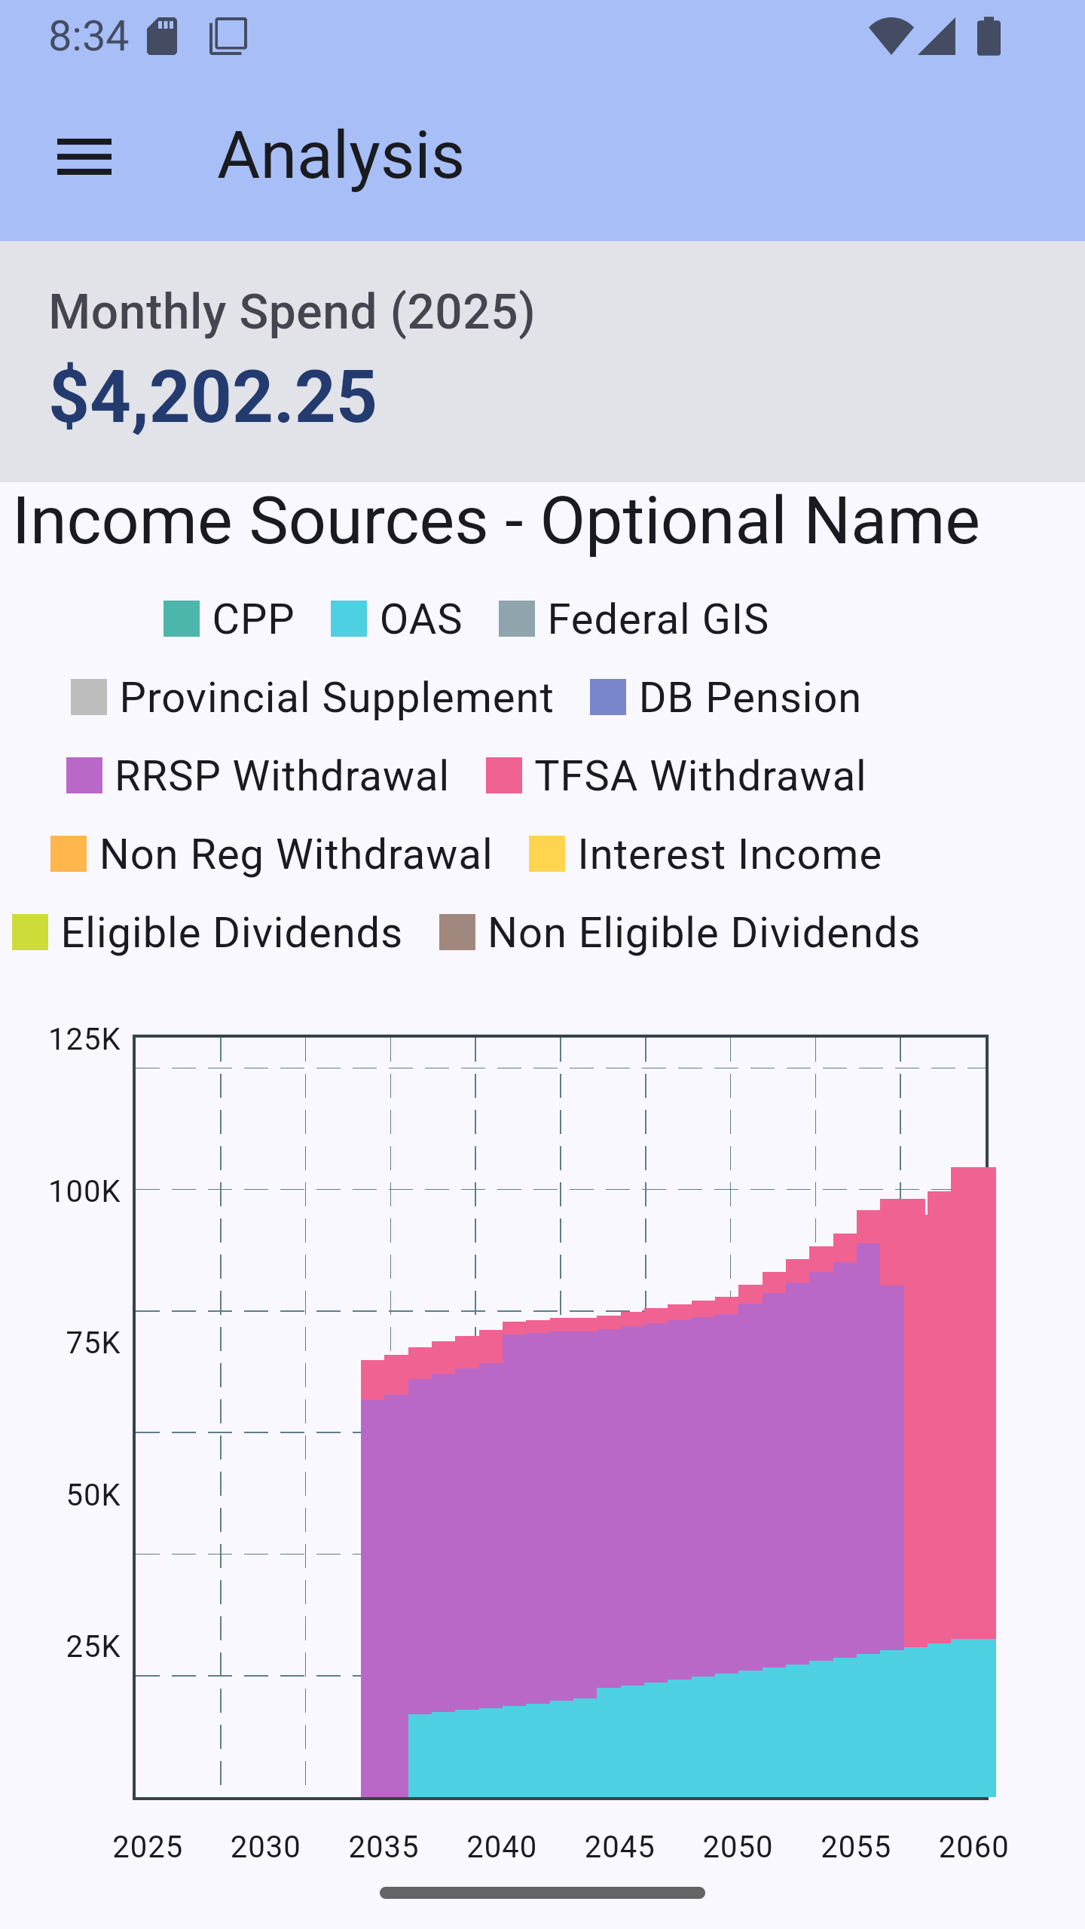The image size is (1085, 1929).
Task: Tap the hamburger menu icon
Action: coord(84,157)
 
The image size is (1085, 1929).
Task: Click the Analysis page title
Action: coord(341,156)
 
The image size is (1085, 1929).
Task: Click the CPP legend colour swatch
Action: coord(182,619)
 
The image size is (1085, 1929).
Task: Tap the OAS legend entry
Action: coord(397,619)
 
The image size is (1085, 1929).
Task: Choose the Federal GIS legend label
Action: coord(658,619)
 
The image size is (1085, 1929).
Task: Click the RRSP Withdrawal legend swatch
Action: coord(84,776)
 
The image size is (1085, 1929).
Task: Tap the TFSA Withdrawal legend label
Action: coord(700,776)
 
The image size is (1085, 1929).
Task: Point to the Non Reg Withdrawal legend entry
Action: coord(271,854)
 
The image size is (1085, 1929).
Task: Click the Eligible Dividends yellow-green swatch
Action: coord(30,933)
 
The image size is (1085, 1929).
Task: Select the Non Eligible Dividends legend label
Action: coord(704,933)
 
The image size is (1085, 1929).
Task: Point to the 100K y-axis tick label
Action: coord(84,1192)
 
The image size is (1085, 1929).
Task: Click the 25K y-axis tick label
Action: coord(93,1647)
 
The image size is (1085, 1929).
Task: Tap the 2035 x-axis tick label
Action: coord(384,1847)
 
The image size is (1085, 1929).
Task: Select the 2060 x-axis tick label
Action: coord(973,1847)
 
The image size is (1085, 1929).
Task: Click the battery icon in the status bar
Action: coord(989,36)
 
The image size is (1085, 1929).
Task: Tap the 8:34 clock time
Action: coord(89,36)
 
